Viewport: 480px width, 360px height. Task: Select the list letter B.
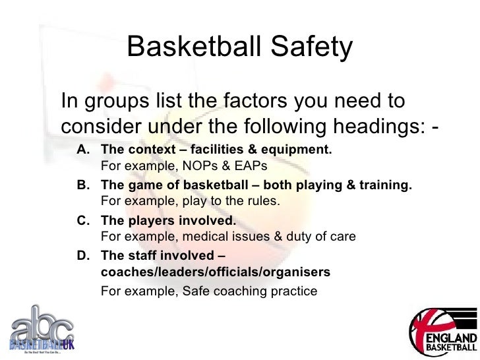[84, 186]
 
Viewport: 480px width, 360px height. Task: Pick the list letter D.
[84, 256]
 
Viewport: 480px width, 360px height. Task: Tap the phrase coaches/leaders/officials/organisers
[216, 272]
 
